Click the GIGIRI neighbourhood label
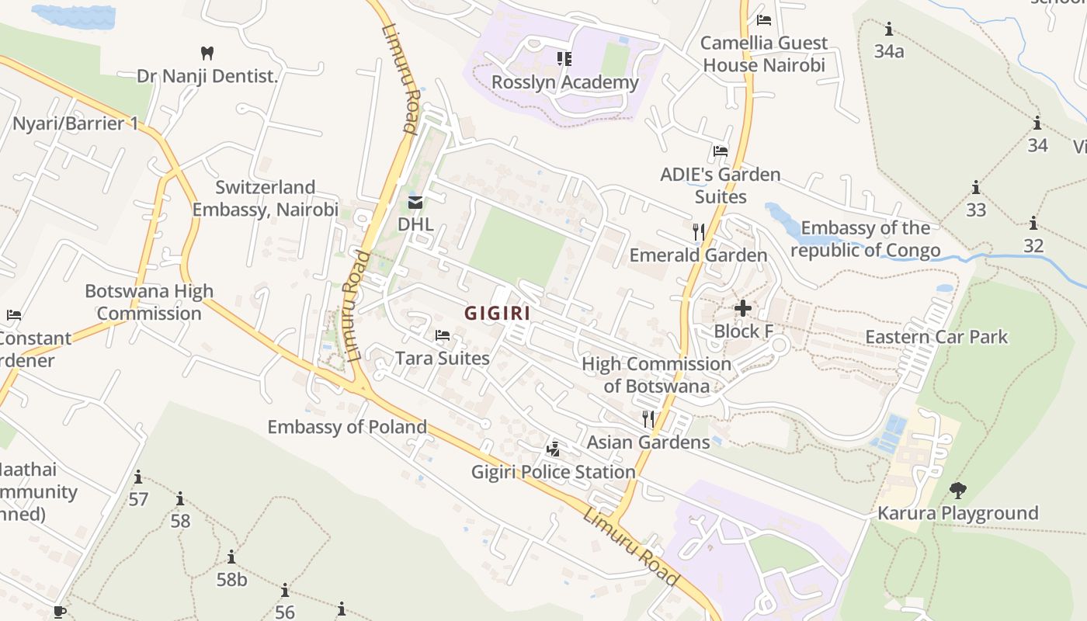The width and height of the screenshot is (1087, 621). click(x=497, y=313)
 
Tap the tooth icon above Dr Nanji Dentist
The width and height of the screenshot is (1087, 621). click(x=207, y=54)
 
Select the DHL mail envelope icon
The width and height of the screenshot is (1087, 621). click(x=415, y=203)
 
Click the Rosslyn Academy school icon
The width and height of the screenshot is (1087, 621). click(x=564, y=58)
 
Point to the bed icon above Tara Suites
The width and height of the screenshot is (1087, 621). click(x=443, y=335)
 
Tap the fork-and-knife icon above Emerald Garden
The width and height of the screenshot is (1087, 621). click(x=699, y=231)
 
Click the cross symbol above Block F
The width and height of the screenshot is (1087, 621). click(x=743, y=308)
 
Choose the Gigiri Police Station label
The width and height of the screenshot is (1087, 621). click(x=554, y=472)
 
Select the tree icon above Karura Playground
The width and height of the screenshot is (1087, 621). click(x=958, y=490)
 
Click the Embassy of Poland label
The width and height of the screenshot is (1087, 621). click(x=347, y=427)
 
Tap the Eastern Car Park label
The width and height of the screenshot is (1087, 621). click(x=936, y=337)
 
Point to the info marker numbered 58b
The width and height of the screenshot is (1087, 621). click(x=231, y=557)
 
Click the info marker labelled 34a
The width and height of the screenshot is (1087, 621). click(x=889, y=30)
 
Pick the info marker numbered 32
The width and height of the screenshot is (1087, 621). click(x=1033, y=224)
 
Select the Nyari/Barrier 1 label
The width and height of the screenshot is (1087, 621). click(x=75, y=123)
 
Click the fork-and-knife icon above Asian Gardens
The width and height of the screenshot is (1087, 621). click(x=648, y=419)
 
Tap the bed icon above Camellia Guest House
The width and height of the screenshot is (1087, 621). click(x=764, y=20)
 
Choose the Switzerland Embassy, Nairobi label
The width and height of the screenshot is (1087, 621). click(x=265, y=199)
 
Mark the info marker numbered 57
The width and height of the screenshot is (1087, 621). click(x=138, y=477)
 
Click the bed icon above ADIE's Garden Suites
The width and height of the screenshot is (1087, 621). click(x=721, y=151)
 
